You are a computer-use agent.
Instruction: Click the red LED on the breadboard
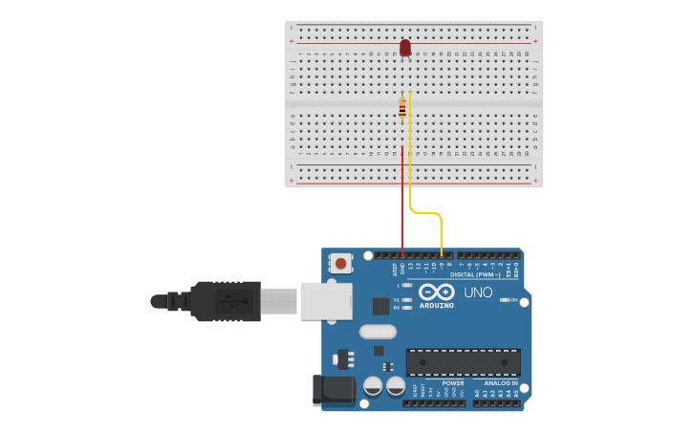pyautogui.click(x=405, y=47)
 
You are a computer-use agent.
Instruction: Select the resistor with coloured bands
pyautogui.click(x=402, y=108)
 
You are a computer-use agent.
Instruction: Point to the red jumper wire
pyautogui.click(x=402, y=201)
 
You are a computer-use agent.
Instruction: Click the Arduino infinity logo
pyautogui.click(x=435, y=292)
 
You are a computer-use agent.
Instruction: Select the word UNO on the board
pyautogui.click(x=478, y=292)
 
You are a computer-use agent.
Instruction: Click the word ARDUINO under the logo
pyautogui.click(x=436, y=307)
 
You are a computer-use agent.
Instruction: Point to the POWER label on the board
pyautogui.click(x=452, y=383)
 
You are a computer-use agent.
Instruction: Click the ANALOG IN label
pyautogui.click(x=500, y=383)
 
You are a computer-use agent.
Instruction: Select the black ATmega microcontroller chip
pyautogui.click(x=464, y=362)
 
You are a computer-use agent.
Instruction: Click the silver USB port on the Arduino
pyautogui.click(x=327, y=300)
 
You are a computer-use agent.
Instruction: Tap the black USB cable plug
pyautogui.click(x=225, y=301)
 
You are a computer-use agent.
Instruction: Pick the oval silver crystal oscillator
pyautogui.click(x=378, y=332)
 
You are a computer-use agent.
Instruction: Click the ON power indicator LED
pyautogui.click(x=505, y=300)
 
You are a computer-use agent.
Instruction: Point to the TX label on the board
pyautogui.click(x=397, y=300)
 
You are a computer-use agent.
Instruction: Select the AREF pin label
pyautogui.click(x=396, y=270)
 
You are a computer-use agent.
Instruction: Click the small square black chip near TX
pyautogui.click(x=380, y=306)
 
